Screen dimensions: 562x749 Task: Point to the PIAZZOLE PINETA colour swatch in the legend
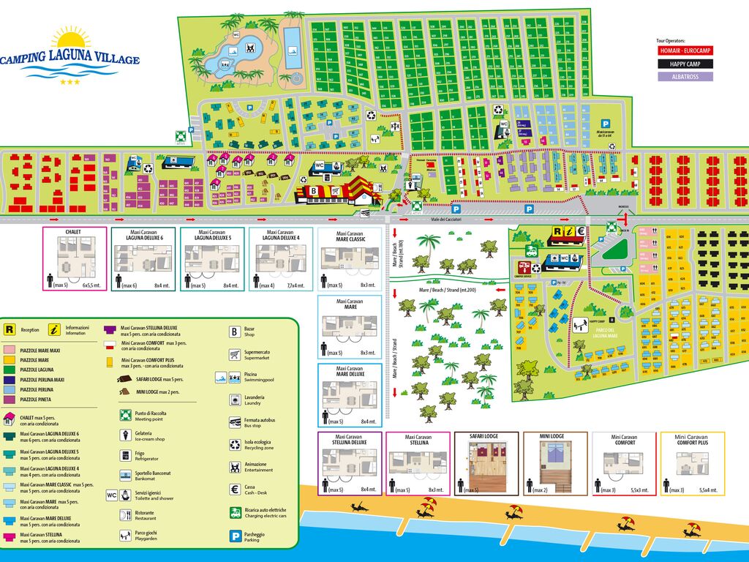(11, 400)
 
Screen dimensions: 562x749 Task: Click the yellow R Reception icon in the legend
(11, 330)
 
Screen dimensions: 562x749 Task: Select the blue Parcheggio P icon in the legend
(235, 536)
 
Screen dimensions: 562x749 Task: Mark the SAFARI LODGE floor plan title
(486, 437)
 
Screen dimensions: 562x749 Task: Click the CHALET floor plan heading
(74, 233)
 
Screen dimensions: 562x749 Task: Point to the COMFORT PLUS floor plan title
(692, 442)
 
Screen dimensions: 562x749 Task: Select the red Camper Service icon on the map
(524, 266)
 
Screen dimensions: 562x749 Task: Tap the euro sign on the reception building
(579, 233)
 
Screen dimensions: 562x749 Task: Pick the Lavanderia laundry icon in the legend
(235, 400)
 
